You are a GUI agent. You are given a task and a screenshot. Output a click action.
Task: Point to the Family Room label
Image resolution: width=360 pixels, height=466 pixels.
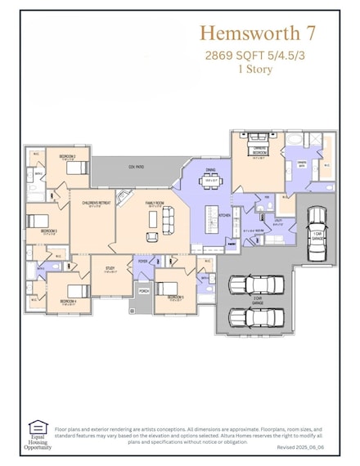pyautogui.click(x=155, y=204)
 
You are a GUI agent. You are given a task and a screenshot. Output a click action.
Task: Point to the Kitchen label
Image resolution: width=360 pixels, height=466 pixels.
pyautogui.click(x=223, y=214)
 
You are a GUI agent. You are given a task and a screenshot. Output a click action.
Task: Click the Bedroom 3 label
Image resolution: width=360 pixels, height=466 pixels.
pyautogui.click(x=49, y=231)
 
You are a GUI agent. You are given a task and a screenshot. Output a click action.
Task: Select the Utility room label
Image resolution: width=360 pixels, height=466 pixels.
pyautogui.click(x=278, y=222)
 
